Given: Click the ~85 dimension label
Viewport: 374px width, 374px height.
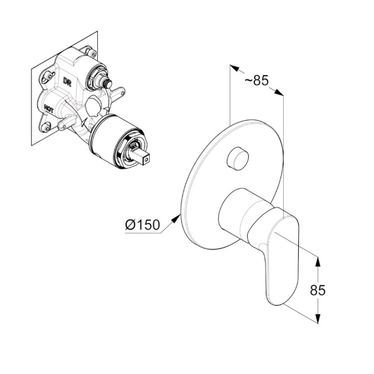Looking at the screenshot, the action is click(x=257, y=80).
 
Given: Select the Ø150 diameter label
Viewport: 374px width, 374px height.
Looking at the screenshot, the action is click(x=143, y=225).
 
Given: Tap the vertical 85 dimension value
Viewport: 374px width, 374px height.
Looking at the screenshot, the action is click(x=318, y=290).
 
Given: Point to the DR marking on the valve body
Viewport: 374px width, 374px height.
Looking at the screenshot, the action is click(x=67, y=81).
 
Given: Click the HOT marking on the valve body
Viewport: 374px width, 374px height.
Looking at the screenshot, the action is click(x=49, y=109).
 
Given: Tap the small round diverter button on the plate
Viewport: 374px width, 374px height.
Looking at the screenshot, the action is click(x=237, y=159).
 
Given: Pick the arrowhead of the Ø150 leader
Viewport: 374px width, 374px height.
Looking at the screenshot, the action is click(x=177, y=218).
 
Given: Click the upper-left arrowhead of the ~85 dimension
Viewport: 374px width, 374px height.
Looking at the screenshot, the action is click(x=234, y=68).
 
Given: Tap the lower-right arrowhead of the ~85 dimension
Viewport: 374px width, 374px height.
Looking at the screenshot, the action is click(x=279, y=92).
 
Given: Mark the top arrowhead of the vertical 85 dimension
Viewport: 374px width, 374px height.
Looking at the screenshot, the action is click(x=318, y=261).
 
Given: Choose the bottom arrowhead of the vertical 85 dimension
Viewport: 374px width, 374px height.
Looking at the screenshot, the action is click(x=318, y=319).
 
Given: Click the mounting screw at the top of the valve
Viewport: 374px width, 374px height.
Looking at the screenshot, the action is click(x=91, y=52).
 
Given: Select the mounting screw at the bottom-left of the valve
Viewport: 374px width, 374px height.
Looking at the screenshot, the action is click(x=45, y=127).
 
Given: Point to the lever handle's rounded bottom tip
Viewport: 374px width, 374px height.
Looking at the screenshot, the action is click(x=276, y=301).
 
